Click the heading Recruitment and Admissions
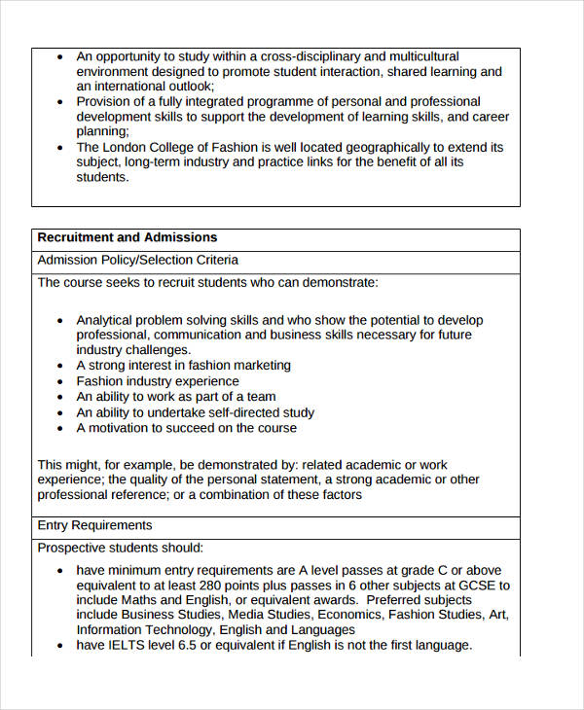(x=127, y=237)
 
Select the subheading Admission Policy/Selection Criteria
(x=137, y=261)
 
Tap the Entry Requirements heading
(x=94, y=525)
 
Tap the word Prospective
(x=75, y=548)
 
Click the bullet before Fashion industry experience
(x=61, y=382)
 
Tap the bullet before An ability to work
(x=61, y=398)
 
